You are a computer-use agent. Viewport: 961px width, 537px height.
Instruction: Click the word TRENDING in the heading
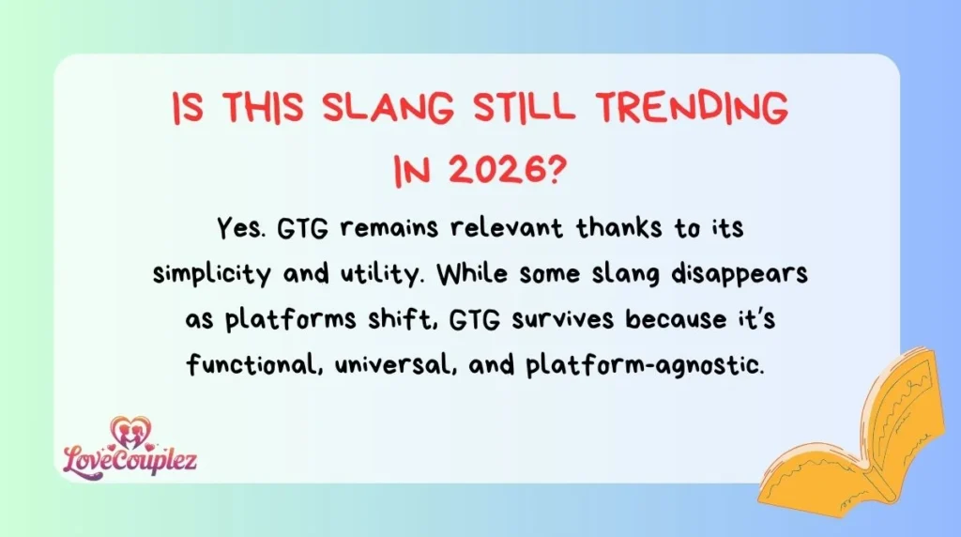[692, 111]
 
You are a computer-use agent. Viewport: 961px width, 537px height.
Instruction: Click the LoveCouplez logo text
[130, 460]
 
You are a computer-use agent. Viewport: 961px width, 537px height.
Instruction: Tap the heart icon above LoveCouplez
[130, 431]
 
